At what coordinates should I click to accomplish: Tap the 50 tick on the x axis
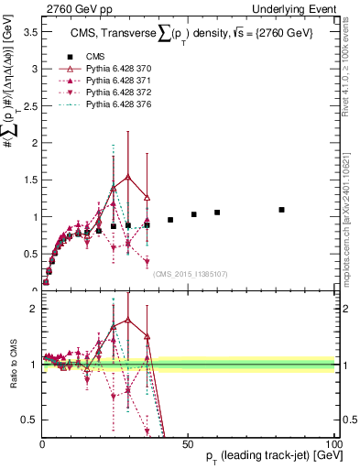(188, 444)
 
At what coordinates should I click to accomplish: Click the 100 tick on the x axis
(333, 444)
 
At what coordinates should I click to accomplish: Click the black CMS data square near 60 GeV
(217, 213)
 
